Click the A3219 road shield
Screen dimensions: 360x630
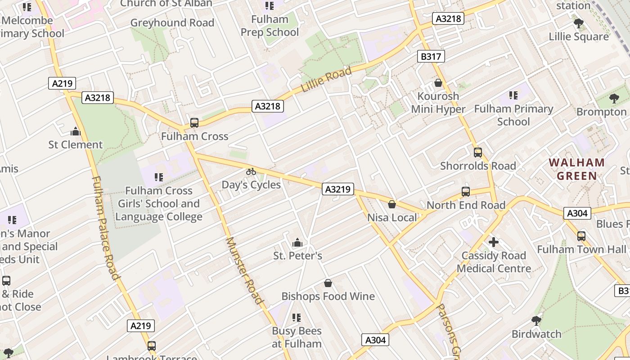coord(337,189)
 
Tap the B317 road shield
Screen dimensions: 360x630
coord(431,56)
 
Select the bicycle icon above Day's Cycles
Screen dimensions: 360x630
coord(251,171)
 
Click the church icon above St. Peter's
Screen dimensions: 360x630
coord(297,243)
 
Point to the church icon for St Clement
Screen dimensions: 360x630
coord(76,131)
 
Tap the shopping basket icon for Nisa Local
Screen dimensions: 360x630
coord(392,204)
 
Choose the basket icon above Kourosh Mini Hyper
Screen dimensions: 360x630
coord(438,83)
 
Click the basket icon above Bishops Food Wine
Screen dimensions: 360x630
coord(328,283)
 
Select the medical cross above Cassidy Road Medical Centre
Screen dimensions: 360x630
coord(494,242)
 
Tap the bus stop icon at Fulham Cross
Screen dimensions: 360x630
coord(194,122)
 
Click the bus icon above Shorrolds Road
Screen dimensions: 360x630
coord(478,153)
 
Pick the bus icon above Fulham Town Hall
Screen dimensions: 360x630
coord(581,236)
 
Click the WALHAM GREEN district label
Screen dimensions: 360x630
coord(576,169)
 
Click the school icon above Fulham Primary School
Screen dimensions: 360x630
coord(513,95)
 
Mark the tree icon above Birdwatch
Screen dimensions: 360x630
coord(536,321)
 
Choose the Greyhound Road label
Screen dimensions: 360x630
coord(172,23)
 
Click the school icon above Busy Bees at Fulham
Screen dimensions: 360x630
coord(296,318)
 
